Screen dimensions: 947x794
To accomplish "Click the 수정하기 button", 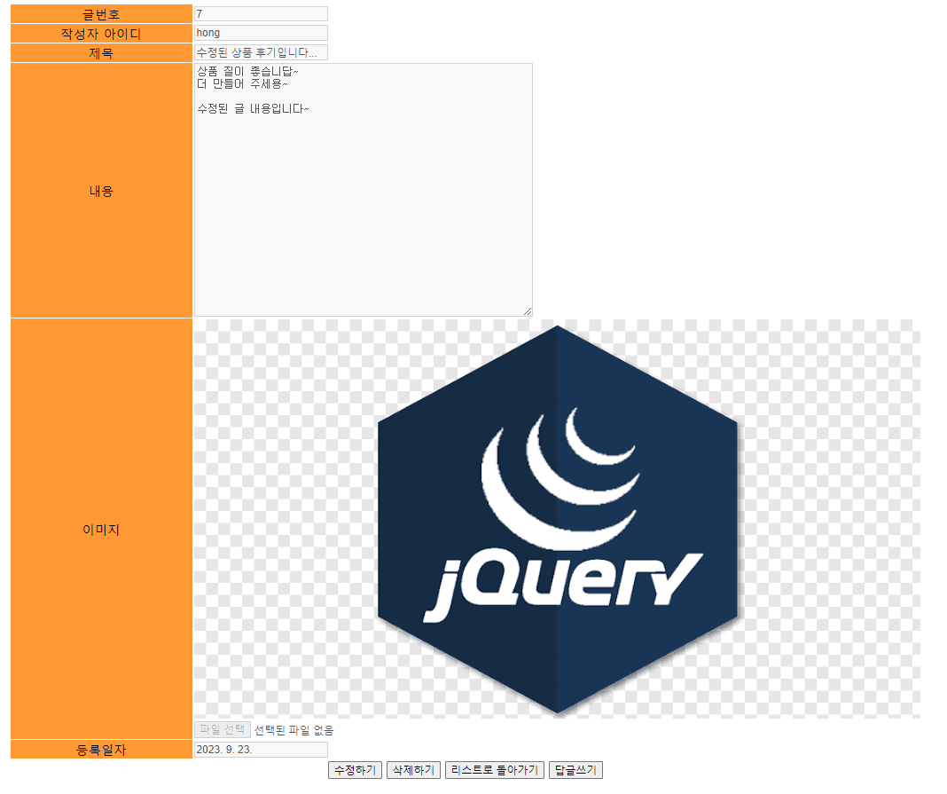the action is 355,770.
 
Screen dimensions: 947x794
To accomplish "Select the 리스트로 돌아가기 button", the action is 494,770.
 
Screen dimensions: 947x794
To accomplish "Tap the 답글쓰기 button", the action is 575,770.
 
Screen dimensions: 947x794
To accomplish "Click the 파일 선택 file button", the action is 223,730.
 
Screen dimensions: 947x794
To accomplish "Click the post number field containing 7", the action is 261,14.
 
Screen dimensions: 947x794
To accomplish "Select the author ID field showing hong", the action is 261,33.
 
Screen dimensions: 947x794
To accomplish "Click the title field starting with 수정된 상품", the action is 261,52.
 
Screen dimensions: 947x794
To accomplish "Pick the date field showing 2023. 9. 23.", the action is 261,750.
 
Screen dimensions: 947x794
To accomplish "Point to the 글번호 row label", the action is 101,14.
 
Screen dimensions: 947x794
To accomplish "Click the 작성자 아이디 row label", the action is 101,34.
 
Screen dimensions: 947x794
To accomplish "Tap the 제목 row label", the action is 101,53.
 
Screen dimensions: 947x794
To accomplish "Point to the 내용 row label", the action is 101,191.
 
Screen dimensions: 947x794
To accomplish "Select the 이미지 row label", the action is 101,530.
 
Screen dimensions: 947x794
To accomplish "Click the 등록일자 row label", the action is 101,751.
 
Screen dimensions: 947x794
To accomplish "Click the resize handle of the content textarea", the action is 528,311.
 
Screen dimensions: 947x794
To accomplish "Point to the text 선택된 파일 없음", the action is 293,731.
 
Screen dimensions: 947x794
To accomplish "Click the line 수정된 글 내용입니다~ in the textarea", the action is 253,108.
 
